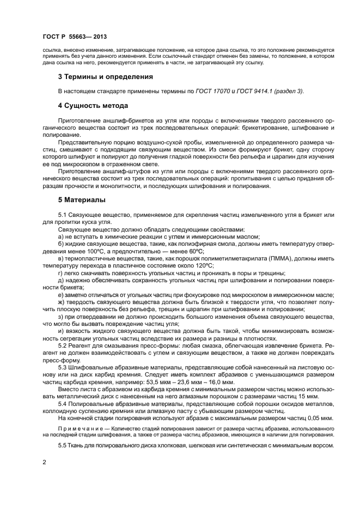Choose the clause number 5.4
[64, 400]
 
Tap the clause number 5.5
[64, 445]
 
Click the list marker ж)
[62, 301]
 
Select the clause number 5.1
[64, 215]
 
